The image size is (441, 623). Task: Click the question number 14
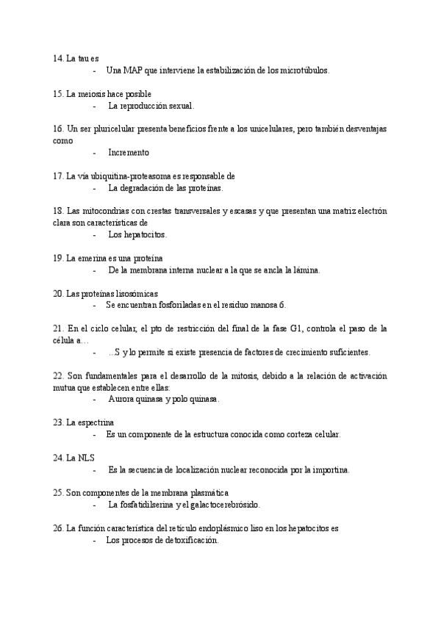[59, 58]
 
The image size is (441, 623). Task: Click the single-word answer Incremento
[129, 153]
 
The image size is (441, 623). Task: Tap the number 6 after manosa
[283, 305]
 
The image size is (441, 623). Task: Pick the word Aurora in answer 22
[121, 399]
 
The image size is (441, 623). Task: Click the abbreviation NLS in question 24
[86, 458]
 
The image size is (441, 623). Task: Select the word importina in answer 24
[329, 469]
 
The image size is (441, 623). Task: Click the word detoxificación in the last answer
[190, 540]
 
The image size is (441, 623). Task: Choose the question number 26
[59, 528]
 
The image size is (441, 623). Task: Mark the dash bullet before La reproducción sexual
[96, 106]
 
